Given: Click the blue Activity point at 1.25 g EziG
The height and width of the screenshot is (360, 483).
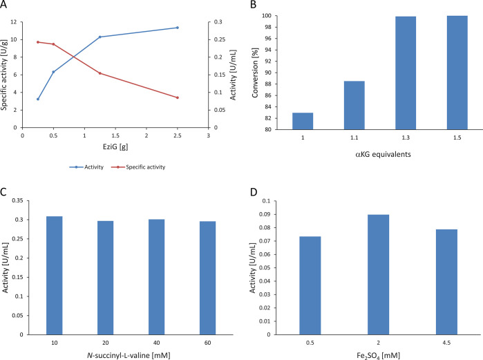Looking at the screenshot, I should [x=100, y=37].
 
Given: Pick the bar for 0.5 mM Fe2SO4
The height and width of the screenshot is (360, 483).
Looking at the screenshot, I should [x=310, y=285].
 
